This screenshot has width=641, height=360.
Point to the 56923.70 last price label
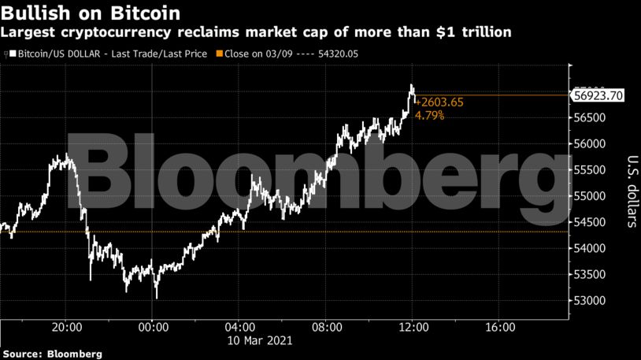[599, 95]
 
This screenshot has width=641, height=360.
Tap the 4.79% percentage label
[429, 115]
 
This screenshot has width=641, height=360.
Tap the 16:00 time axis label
[500, 326]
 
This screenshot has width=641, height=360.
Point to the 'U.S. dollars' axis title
[630, 189]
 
